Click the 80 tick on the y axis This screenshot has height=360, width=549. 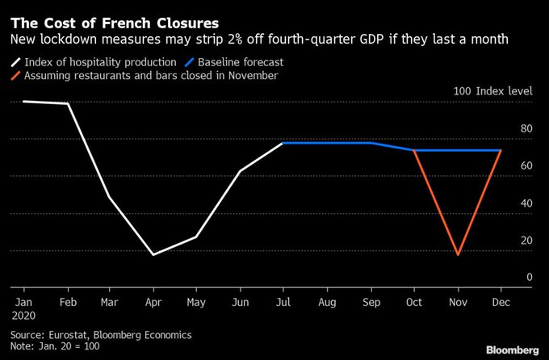[526, 129]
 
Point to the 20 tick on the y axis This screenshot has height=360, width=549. [526, 241]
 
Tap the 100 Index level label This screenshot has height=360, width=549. [493, 92]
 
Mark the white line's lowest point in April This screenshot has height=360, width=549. [153, 254]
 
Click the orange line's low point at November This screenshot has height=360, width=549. [458, 254]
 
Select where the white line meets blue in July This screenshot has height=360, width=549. [283, 143]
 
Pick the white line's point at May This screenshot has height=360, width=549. [196, 237]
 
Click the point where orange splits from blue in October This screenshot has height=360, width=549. [414, 150]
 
